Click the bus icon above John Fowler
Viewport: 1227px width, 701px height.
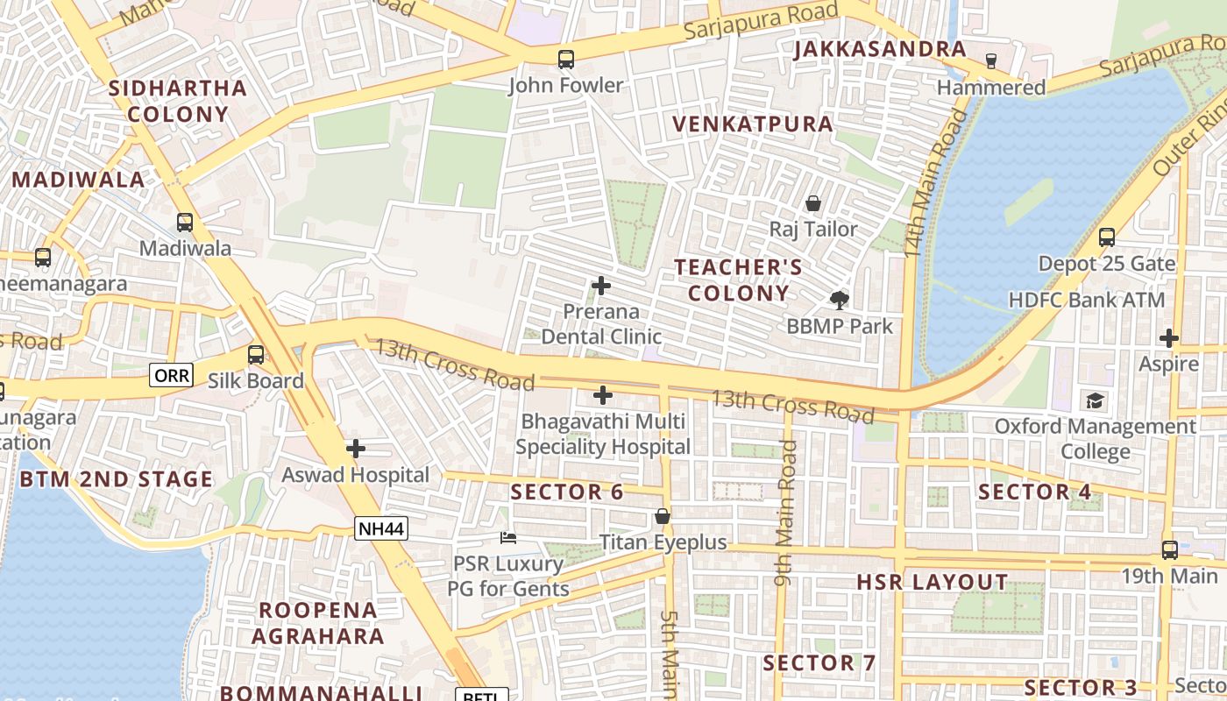pyautogui.click(x=566, y=60)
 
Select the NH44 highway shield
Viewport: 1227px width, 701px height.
pyautogui.click(x=381, y=528)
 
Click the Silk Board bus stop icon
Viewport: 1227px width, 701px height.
pyautogui.click(x=256, y=355)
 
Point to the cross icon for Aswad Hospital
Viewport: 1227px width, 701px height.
pyautogui.click(x=356, y=449)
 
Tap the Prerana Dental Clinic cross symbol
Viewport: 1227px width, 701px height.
pyautogui.click(x=601, y=286)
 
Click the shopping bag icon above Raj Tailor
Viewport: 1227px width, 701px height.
pyautogui.click(x=813, y=203)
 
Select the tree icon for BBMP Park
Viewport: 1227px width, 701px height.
pyautogui.click(x=839, y=301)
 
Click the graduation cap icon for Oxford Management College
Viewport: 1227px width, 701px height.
pyautogui.click(x=1095, y=401)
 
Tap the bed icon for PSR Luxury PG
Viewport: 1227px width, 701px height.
pyautogui.click(x=508, y=537)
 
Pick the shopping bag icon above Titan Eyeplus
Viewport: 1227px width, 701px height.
pyautogui.click(x=663, y=516)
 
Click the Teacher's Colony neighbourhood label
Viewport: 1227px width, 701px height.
pyautogui.click(x=738, y=280)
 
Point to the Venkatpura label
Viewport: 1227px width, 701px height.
pyautogui.click(x=753, y=124)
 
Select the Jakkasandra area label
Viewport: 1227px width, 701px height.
pyautogui.click(x=880, y=50)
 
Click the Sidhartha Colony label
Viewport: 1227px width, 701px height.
pyautogui.click(x=178, y=101)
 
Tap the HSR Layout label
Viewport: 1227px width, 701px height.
pyautogui.click(x=933, y=583)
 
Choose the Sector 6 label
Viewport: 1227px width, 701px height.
pyautogui.click(x=567, y=492)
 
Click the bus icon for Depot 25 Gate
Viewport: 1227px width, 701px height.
pyautogui.click(x=1107, y=237)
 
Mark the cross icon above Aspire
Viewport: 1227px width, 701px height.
pyautogui.click(x=1168, y=338)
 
